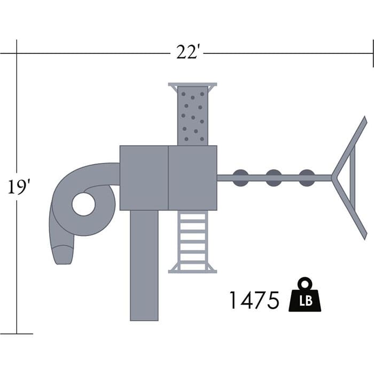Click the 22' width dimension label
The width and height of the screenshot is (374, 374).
tap(187, 52)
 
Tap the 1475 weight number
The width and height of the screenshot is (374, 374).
tap(254, 300)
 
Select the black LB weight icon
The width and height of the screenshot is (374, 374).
tap(305, 294)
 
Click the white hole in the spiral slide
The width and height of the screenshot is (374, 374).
tap(83, 205)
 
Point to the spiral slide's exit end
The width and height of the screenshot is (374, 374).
tap(63, 255)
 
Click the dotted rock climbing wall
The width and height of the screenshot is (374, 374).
tap(193, 116)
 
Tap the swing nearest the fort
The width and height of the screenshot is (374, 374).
tap(240, 178)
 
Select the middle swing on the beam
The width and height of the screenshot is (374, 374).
tap(274, 178)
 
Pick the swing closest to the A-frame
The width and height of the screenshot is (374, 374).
tap(307, 178)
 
